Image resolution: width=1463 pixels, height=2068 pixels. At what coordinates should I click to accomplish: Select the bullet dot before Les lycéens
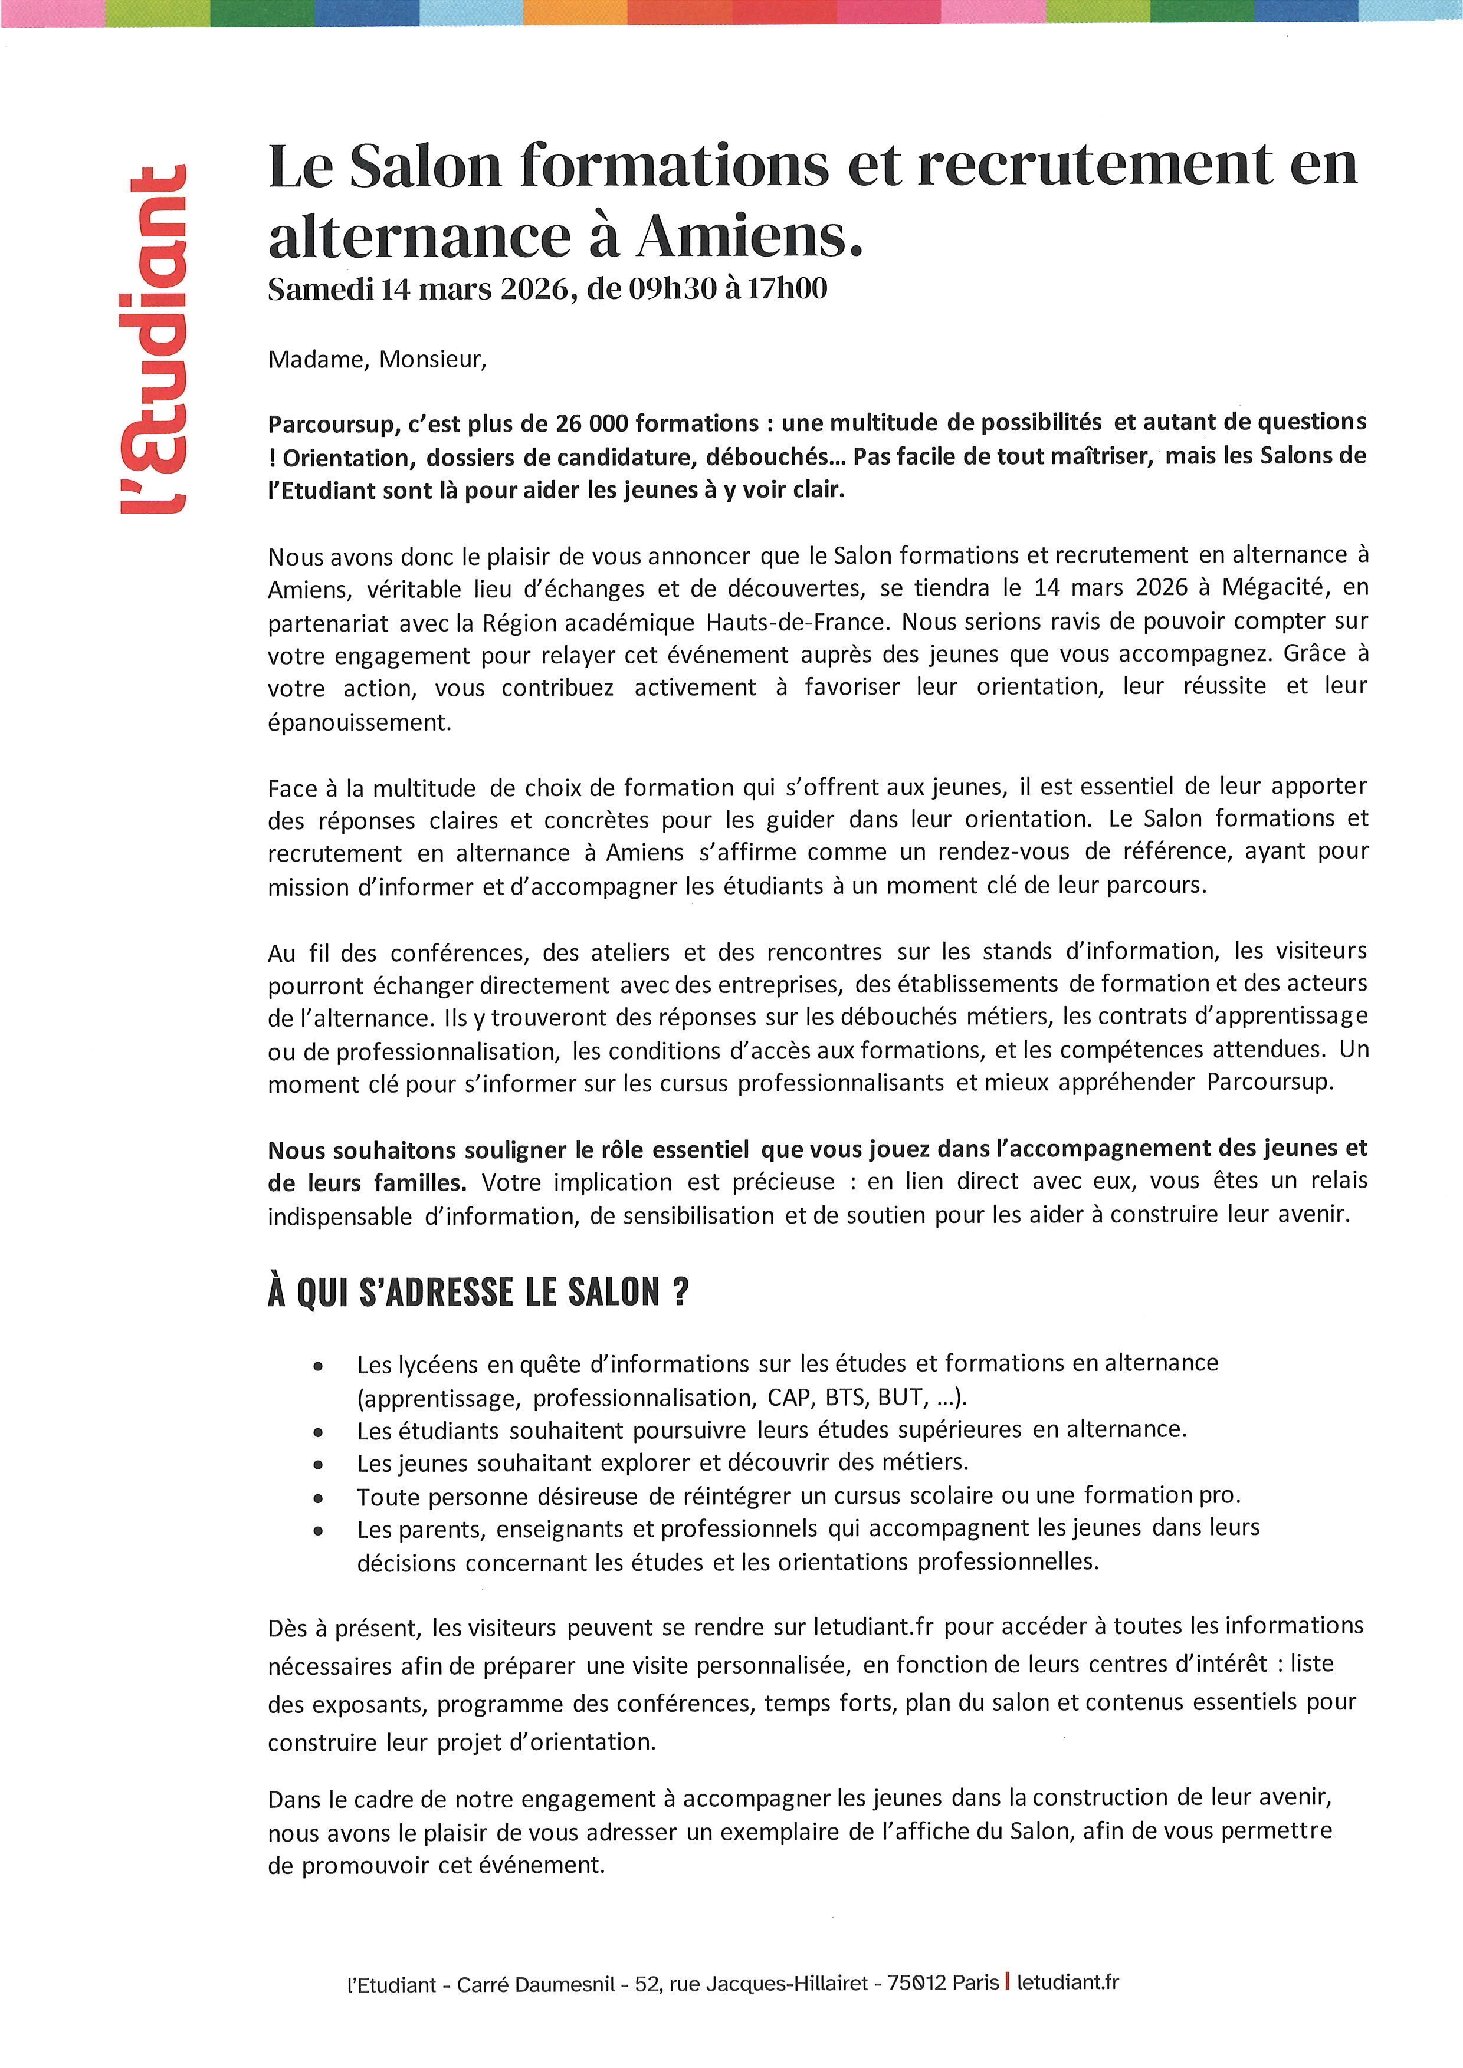point(317,1366)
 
